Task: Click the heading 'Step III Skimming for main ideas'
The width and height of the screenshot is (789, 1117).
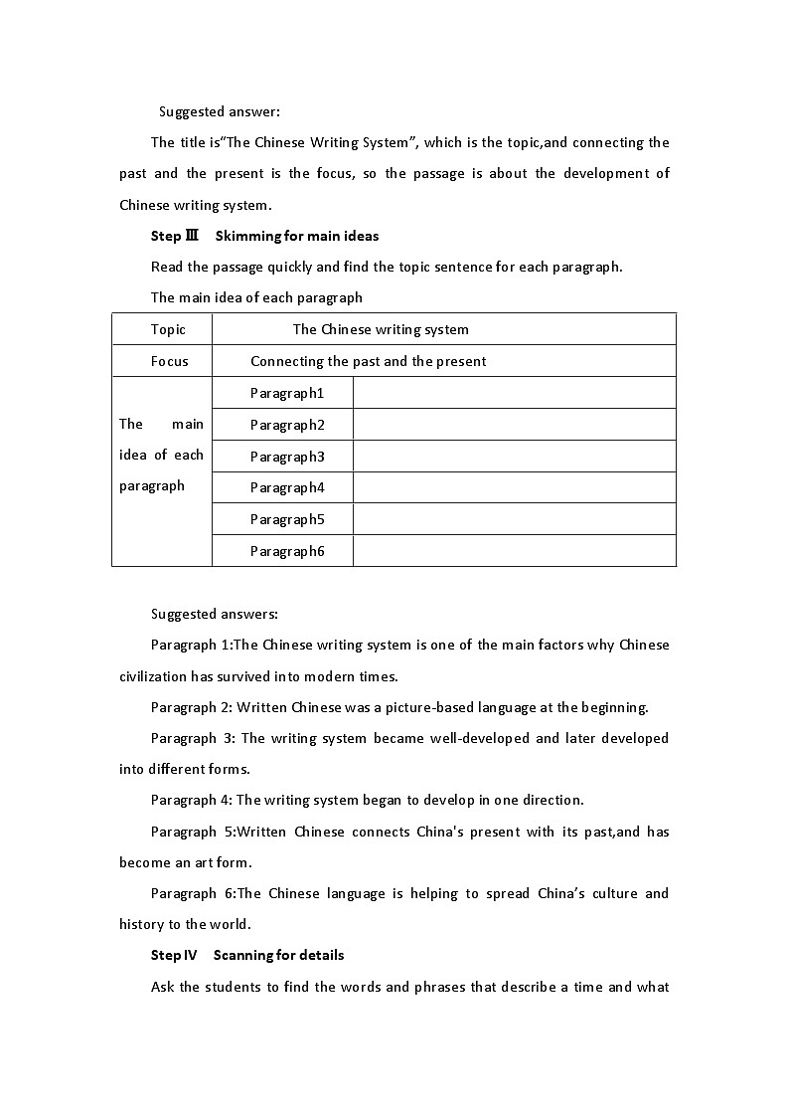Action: click(264, 236)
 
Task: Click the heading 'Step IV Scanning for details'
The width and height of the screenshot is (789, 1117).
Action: click(246, 955)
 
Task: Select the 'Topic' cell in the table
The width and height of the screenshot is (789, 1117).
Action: click(168, 329)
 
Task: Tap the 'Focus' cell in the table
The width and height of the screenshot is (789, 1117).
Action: click(169, 361)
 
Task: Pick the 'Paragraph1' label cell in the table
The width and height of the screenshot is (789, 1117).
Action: click(286, 393)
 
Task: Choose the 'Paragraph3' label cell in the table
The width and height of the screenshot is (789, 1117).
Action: click(286, 457)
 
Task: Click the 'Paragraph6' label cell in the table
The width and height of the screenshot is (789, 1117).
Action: click(286, 551)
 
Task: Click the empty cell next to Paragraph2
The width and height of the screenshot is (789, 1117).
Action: click(514, 425)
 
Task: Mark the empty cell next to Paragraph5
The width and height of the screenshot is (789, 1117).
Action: click(514, 519)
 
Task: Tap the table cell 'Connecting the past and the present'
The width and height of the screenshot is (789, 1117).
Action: click(368, 361)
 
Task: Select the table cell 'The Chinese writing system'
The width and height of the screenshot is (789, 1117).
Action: click(381, 329)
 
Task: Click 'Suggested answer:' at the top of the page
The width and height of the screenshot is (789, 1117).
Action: click(206, 111)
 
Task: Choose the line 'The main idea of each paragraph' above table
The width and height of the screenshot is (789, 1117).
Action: click(256, 297)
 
